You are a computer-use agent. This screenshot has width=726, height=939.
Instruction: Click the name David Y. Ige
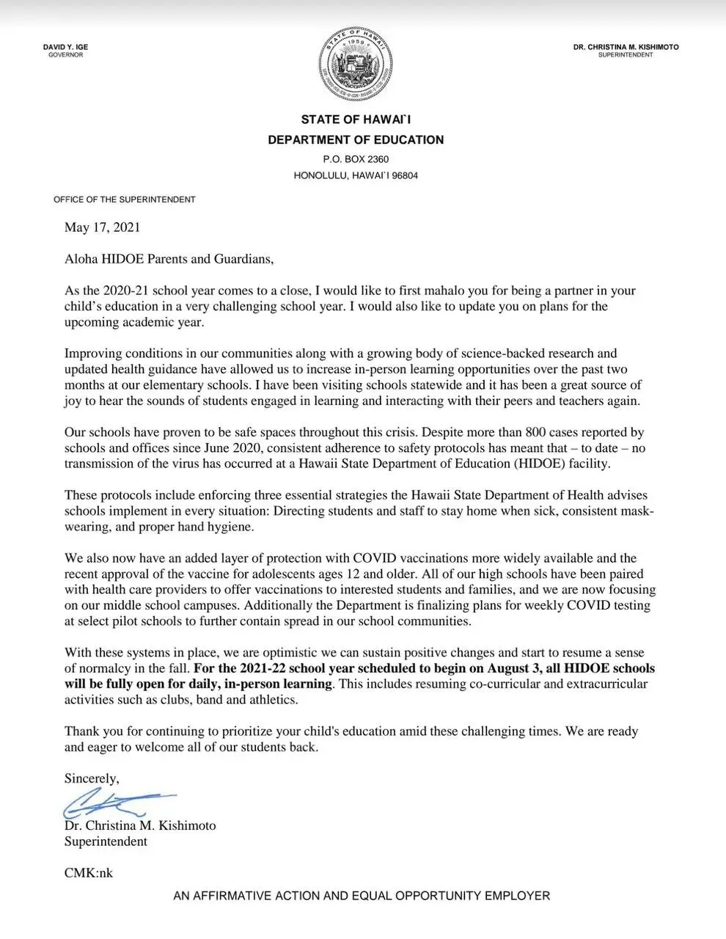65,47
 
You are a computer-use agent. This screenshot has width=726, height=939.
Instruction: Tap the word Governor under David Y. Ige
65,55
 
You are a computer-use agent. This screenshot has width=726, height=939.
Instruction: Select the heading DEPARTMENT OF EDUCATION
356,140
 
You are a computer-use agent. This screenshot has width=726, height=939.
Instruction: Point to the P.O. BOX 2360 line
356,159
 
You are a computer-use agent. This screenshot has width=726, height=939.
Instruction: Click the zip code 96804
406,176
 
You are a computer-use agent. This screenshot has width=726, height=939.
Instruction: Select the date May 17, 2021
102,227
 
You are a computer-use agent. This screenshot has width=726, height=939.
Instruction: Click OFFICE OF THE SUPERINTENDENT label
125,200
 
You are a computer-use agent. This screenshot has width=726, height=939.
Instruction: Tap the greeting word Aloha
81,259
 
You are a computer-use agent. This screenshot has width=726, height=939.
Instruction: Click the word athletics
272,700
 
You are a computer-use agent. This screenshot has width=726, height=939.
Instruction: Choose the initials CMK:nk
89,873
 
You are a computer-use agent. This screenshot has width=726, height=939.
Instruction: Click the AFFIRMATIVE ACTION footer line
362,896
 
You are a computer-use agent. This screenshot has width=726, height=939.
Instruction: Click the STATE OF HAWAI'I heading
356,120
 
